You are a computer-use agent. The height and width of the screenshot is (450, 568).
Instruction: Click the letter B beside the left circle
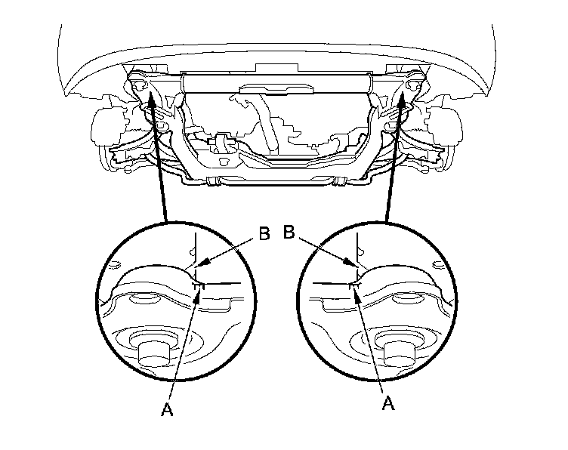coord(264,234)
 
